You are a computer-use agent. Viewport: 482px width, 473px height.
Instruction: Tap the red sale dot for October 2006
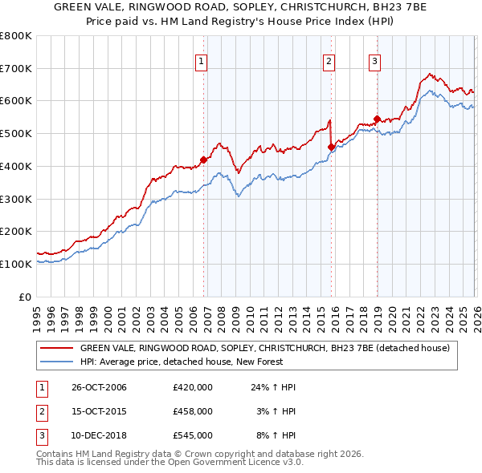tap(204, 160)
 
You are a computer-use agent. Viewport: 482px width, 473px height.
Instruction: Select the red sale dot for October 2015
tap(332, 147)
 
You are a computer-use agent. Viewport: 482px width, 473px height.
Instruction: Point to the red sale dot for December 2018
tap(377, 119)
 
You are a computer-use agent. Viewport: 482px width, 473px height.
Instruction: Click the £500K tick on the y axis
tap(15, 133)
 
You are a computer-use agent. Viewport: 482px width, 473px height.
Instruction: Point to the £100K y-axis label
tap(15, 264)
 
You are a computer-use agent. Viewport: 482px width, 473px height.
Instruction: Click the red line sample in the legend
tap(55, 348)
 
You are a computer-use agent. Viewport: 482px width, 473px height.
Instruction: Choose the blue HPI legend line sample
tap(55, 362)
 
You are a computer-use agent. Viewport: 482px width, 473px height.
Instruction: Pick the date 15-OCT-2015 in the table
tap(100, 411)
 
